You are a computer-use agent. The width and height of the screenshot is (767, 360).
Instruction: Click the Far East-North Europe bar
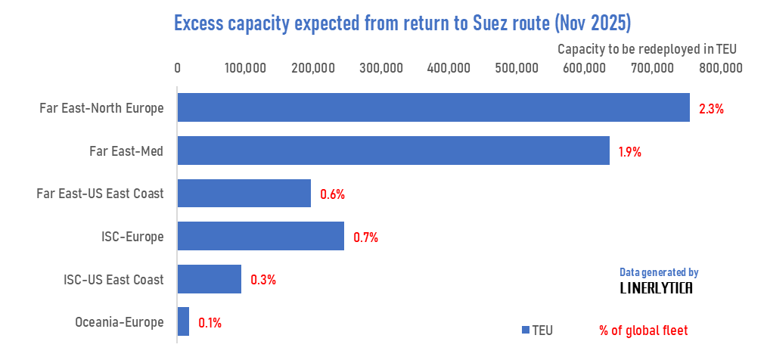433,107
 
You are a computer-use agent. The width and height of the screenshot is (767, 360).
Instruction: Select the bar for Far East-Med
393,151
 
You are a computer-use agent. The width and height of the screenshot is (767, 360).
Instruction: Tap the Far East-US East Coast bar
244,194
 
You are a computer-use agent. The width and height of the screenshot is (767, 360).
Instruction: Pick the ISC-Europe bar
260,236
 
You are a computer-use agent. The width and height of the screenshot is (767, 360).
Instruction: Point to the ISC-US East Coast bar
209,279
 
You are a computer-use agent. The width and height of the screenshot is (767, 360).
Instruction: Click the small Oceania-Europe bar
183,321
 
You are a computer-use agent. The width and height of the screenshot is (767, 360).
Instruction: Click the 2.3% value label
711,108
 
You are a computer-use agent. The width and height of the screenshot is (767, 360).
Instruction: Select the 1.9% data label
629,151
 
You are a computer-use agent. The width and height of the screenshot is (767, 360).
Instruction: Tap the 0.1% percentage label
210,322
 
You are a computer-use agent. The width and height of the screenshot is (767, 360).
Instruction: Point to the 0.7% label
365,237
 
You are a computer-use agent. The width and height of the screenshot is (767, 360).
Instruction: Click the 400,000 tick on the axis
449,67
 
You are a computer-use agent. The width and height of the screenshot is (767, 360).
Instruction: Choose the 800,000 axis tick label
721,67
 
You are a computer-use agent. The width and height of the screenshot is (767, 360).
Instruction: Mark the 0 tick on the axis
177,67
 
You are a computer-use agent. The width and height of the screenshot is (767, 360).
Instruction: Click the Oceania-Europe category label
119,322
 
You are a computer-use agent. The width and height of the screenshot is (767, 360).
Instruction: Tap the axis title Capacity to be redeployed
647,48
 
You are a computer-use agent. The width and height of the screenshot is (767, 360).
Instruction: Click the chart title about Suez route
402,23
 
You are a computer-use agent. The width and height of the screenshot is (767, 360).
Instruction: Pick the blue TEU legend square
525,331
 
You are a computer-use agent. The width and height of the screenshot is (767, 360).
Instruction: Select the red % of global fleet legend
643,331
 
